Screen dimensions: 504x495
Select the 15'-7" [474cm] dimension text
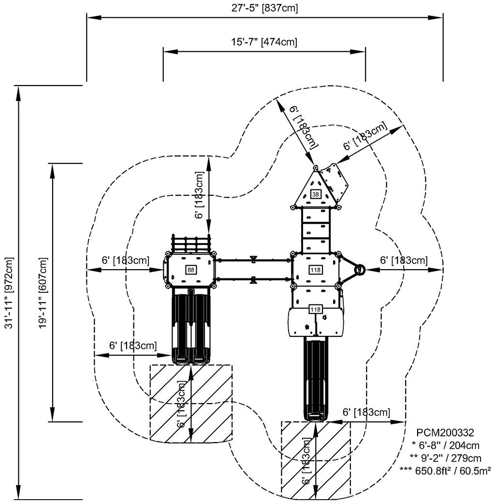pyautogui.click(x=263, y=42)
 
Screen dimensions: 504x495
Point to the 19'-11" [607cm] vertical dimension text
pyautogui.click(x=44, y=293)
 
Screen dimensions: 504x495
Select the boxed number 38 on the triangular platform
pyautogui.click(x=315, y=194)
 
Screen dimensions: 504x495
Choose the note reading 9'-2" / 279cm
pyautogui.click(x=445, y=458)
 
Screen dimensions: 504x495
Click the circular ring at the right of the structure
pyautogui.click(x=359, y=270)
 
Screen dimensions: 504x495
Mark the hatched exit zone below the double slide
pyautogui.click(x=191, y=403)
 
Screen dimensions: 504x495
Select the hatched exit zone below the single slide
pyautogui.click(x=316, y=459)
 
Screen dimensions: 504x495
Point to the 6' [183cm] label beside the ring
pyautogui.click(x=404, y=260)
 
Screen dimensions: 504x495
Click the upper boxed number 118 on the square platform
pyautogui.click(x=315, y=270)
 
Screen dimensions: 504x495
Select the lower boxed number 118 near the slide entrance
pyautogui.click(x=315, y=309)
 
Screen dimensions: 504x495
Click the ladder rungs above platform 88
pyautogui.click(x=191, y=244)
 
